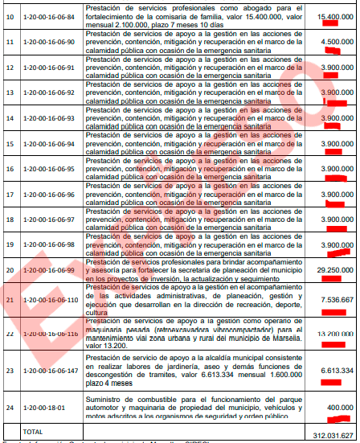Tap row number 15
tap(10, 145)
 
